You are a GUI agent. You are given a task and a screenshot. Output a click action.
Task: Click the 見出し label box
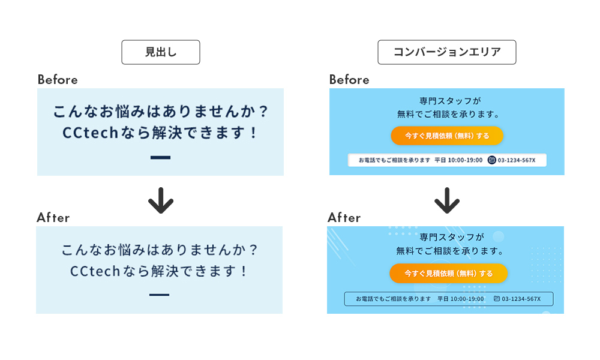tap(160, 52)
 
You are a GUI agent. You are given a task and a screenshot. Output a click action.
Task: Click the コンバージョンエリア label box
tap(446, 52)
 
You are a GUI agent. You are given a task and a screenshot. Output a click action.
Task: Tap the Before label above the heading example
tap(58, 80)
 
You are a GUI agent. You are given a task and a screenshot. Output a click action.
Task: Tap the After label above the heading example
tap(53, 218)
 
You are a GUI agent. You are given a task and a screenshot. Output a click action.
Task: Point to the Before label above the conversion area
tap(349, 80)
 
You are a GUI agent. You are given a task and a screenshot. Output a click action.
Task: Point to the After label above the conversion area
tap(344, 218)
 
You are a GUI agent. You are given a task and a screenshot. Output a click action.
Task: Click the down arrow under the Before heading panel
tap(160, 200)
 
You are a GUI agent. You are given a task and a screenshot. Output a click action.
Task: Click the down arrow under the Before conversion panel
tap(446, 200)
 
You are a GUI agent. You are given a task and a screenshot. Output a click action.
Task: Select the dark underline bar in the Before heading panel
tap(160, 158)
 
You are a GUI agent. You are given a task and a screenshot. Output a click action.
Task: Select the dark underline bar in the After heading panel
tap(159, 295)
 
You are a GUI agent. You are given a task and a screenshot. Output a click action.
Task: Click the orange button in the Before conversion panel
tap(446, 136)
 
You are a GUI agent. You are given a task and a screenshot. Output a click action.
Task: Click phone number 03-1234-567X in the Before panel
tap(516, 160)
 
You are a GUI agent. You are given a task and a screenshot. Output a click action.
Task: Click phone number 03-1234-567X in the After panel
tap(521, 299)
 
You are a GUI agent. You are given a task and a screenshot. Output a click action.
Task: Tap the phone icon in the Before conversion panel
tap(492, 160)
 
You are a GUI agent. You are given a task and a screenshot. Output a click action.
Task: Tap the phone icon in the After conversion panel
tap(497, 299)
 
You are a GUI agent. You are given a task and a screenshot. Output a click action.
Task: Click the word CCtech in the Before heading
tap(89, 133)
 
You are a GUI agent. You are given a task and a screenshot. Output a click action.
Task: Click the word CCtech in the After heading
tap(96, 271)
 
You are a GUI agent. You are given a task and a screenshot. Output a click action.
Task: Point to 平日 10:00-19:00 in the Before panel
tap(458, 160)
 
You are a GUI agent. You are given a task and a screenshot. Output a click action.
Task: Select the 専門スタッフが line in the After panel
tap(447, 237)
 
